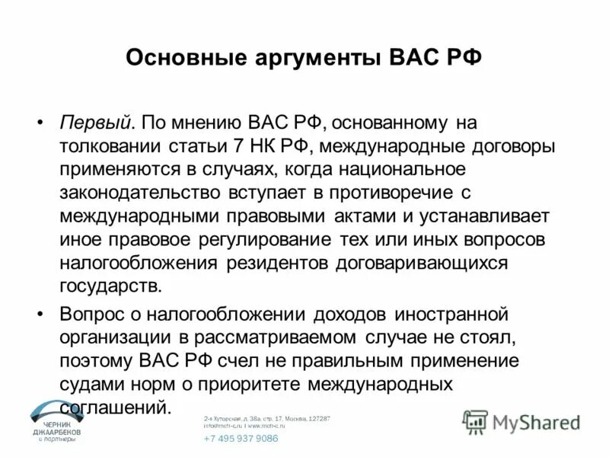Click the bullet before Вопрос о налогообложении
(x=40, y=314)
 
